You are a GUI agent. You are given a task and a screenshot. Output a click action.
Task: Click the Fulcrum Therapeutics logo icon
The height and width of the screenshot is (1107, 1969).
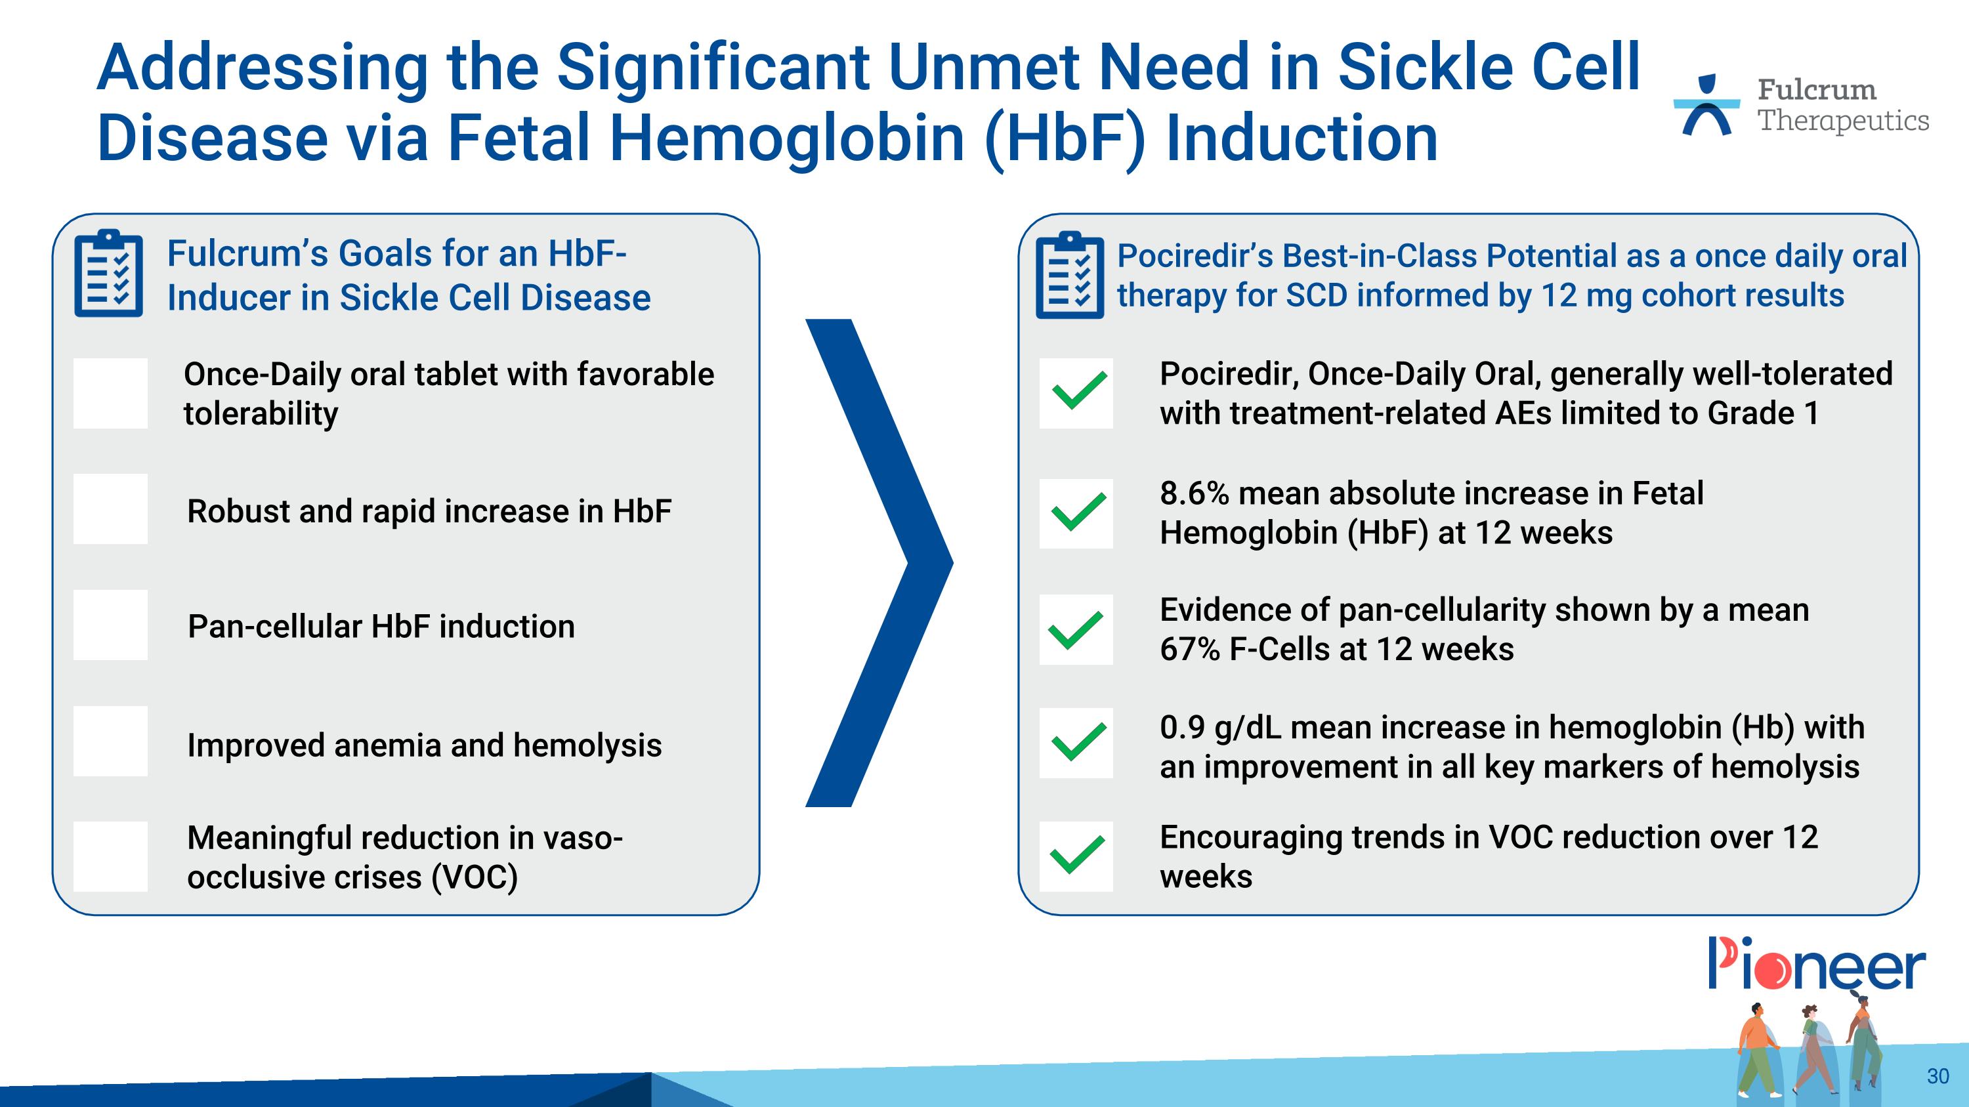pyautogui.click(x=1706, y=106)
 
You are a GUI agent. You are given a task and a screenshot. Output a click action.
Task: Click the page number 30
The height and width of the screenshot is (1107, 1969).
pyautogui.click(x=1937, y=1076)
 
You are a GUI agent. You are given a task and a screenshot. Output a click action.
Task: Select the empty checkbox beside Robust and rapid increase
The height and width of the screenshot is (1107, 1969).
pyautogui.click(x=110, y=509)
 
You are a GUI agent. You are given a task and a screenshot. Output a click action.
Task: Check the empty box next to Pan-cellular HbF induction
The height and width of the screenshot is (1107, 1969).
pyautogui.click(x=110, y=625)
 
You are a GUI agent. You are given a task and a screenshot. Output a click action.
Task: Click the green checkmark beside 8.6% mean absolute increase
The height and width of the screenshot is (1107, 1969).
pyautogui.click(x=1076, y=513)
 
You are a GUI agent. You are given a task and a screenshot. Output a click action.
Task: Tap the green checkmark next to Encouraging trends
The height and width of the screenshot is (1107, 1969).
pyautogui.click(x=1076, y=856)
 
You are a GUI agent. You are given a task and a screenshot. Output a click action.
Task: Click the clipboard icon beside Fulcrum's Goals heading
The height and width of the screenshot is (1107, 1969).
pyautogui.click(x=108, y=274)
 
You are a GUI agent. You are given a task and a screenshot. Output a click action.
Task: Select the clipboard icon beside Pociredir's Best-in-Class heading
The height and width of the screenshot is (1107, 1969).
pyautogui.click(x=1069, y=275)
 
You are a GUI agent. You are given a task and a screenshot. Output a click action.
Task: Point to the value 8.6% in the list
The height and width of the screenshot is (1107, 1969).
pyautogui.click(x=1194, y=493)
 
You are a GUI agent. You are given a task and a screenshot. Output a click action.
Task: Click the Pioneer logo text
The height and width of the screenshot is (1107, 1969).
pyautogui.click(x=1816, y=966)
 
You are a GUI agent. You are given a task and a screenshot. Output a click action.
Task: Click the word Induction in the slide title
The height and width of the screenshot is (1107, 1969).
pyautogui.click(x=1301, y=139)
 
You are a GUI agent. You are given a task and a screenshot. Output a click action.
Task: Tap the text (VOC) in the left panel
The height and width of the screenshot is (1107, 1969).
pyautogui.click(x=475, y=877)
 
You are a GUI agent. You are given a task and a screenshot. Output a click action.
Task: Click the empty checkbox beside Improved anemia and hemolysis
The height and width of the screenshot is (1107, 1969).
pyautogui.click(x=110, y=741)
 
